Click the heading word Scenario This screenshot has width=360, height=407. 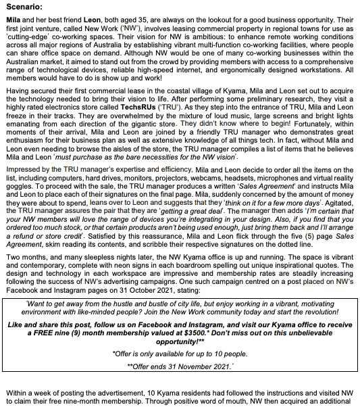point(25,7)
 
